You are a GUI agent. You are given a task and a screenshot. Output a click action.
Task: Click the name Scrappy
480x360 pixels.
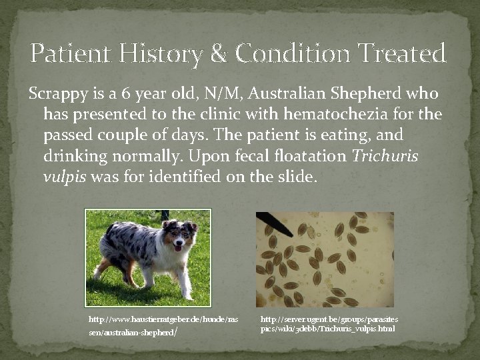(55, 94)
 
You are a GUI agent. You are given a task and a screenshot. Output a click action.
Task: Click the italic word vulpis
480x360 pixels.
(65, 178)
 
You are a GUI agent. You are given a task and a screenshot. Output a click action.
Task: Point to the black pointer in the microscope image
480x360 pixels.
(273, 223)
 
